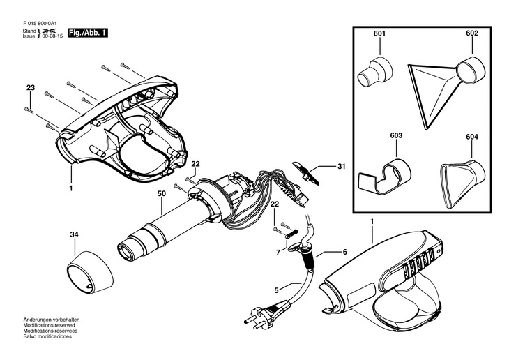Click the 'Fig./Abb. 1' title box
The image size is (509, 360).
(88, 33)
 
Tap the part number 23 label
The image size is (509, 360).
(30, 87)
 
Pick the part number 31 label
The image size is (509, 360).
(342, 166)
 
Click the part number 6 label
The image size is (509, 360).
(343, 252)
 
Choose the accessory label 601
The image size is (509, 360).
(379, 33)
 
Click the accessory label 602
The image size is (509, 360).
(472, 33)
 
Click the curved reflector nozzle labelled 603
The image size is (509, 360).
(386, 174)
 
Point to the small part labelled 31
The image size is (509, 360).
(307, 170)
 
